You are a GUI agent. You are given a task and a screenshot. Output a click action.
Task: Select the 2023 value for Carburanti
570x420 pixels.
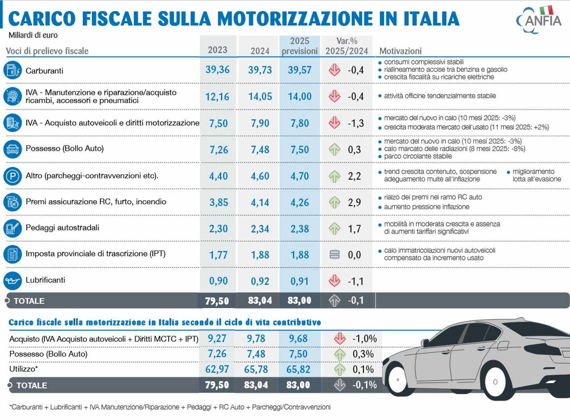click(217, 70)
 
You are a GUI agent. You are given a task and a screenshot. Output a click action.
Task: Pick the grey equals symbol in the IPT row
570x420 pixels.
click(334, 255)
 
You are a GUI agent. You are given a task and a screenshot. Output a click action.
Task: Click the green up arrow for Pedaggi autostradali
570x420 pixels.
click(334, 229)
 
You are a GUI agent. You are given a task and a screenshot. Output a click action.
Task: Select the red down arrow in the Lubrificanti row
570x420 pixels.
click(334, 281)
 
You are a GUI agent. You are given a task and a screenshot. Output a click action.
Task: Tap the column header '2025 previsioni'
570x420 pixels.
click(300, 46)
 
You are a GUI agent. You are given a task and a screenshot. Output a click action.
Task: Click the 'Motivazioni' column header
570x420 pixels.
click(400, 51)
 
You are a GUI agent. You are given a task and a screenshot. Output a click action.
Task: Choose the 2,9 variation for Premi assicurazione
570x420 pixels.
click(354, 202)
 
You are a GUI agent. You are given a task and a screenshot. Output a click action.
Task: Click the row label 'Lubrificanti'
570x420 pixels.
click(45, 280)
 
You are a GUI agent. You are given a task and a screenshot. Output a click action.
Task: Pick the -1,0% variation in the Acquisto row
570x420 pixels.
click(364, 338)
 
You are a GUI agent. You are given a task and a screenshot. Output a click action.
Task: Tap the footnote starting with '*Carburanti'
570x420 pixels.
click(169, 407)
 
